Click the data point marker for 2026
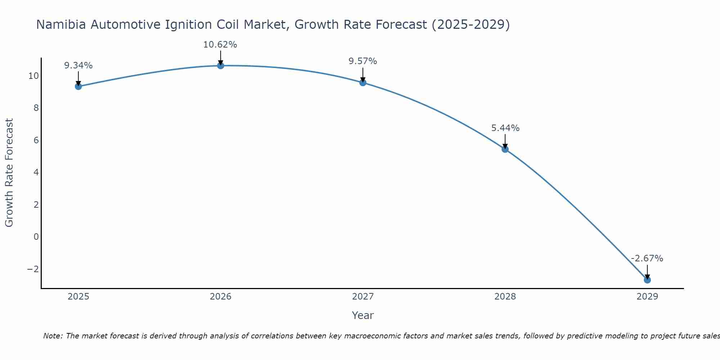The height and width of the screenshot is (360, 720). click(221, 66)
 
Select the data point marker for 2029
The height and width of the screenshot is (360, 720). click(647, 280)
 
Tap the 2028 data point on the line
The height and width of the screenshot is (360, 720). click(505, 149)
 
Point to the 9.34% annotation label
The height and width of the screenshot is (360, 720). click(78, 66)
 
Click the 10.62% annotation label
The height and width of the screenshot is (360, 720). click(220, 45)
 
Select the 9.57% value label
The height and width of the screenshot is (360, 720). click(363, 61)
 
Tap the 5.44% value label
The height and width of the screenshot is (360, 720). click(505, 128)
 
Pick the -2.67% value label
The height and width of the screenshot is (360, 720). click(647, 258)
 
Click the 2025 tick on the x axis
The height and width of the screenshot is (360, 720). click(78, 297)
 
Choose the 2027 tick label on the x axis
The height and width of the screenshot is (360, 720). click(363, 297)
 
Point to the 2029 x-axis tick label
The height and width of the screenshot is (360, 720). click(647, 297)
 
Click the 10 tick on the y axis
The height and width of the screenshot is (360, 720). click(33, 76)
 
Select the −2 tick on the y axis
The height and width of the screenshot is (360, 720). click(33, 269)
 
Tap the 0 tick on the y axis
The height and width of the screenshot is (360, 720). click(36, 237)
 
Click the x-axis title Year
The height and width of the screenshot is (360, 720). click(363, 315)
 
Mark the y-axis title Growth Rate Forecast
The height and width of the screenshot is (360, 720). click(9, 173)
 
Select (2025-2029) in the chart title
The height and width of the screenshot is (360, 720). click(471, 25)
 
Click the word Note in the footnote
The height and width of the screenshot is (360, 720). click(53, 336)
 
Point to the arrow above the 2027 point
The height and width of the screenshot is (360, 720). click(363, 75)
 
